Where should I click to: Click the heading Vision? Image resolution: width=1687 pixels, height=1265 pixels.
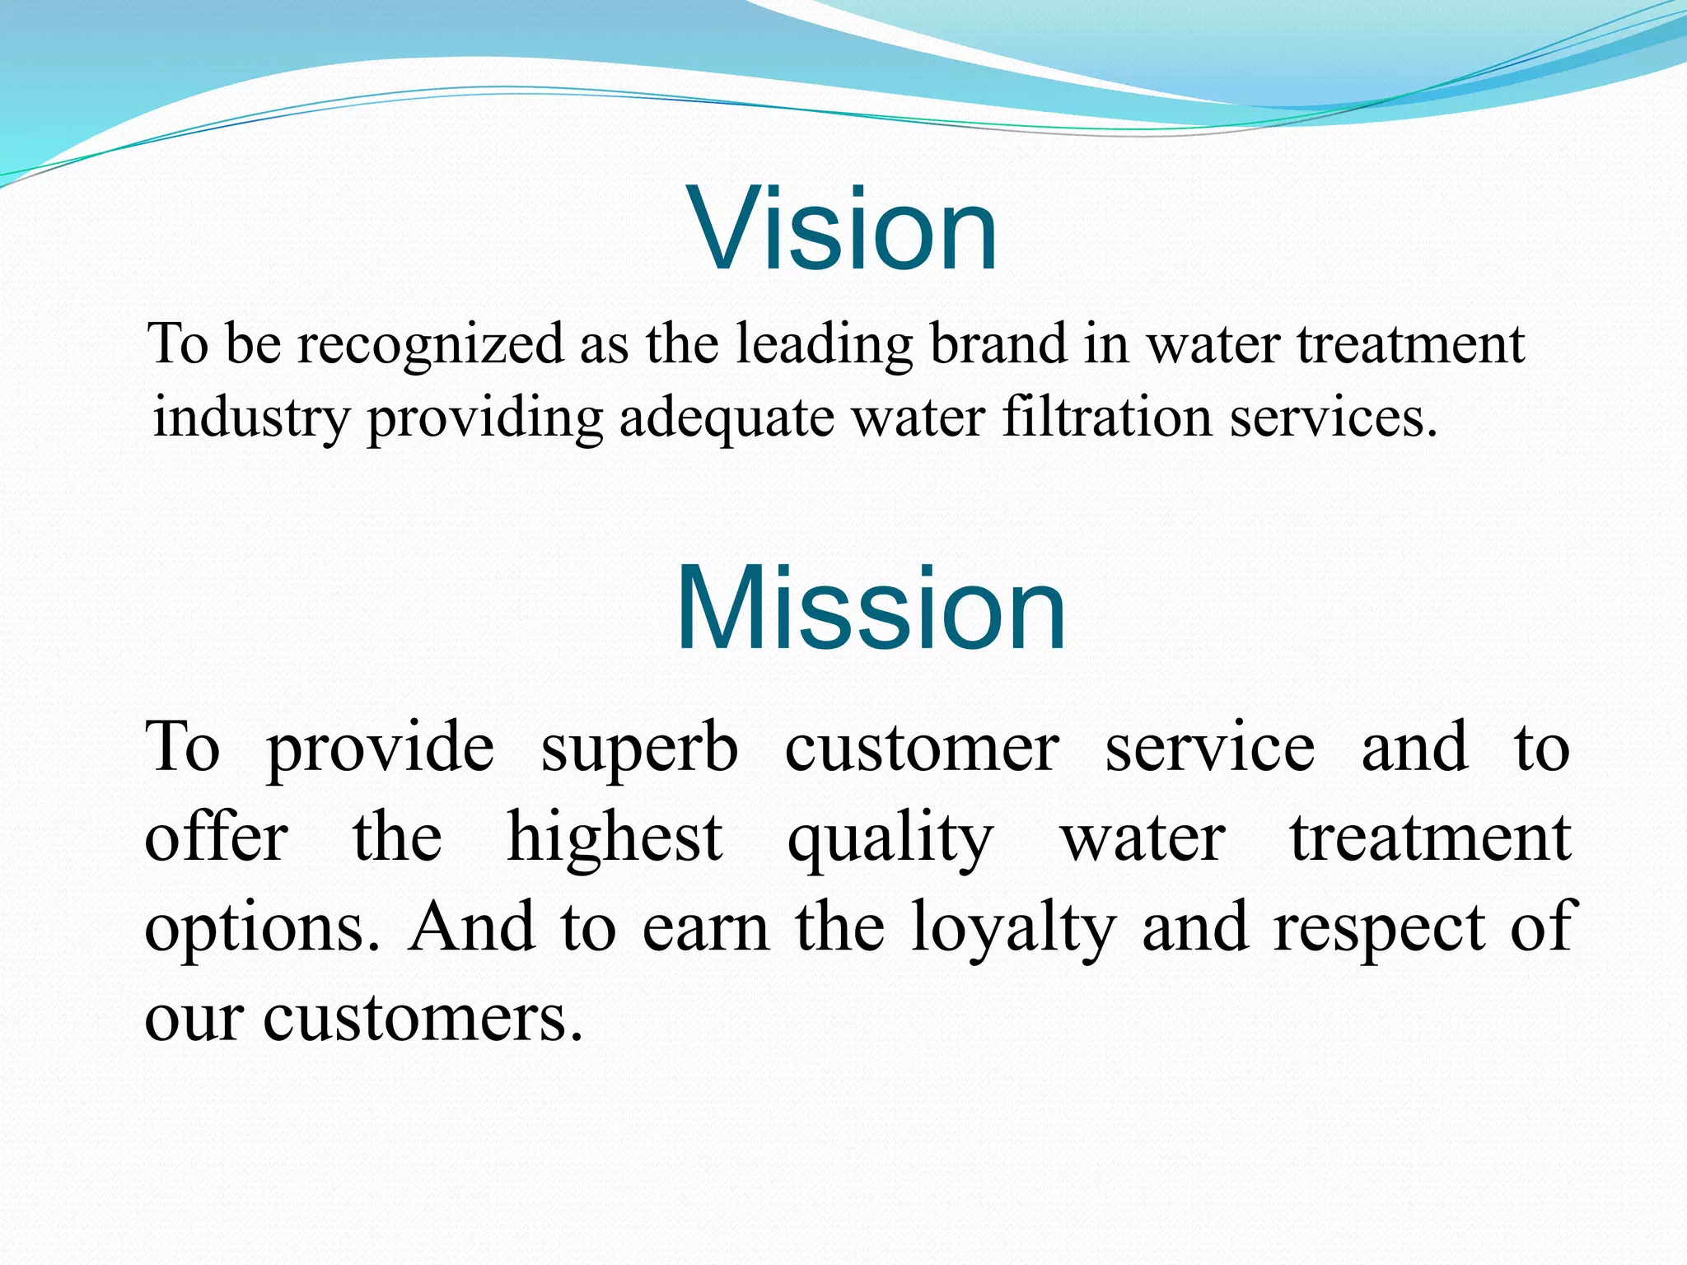pos(845,229)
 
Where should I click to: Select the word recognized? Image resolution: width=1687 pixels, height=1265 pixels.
pos(430,345)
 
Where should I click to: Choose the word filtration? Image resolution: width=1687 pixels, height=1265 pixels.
pos(1106,417)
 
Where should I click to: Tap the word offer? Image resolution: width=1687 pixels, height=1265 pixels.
pos(216,838)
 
